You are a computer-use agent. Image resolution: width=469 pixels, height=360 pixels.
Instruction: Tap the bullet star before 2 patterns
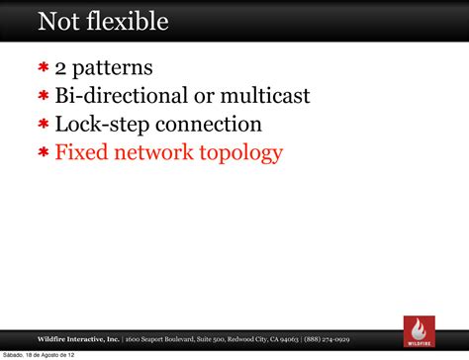pyautogui.click(x=44, y=69)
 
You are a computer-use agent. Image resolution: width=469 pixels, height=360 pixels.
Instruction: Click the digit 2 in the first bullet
pyautogui.click(x=61, y=69)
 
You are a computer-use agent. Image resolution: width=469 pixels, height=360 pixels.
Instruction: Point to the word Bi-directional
pyautogui.click(x=120, y=97)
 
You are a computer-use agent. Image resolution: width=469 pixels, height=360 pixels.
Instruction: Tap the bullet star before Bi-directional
pyautogui.click(x=44, y=97)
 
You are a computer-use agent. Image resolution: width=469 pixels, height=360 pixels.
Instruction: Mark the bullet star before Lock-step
pyautogui.click(x=44, y=126)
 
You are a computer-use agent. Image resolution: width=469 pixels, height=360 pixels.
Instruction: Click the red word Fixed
pyautogui.click(x=79, y=152)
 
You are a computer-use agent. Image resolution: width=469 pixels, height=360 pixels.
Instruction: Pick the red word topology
pyautogui.click(x=239, y=153)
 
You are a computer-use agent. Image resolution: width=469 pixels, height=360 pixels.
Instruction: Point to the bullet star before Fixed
pyautogui.click(x=44, y=153)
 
